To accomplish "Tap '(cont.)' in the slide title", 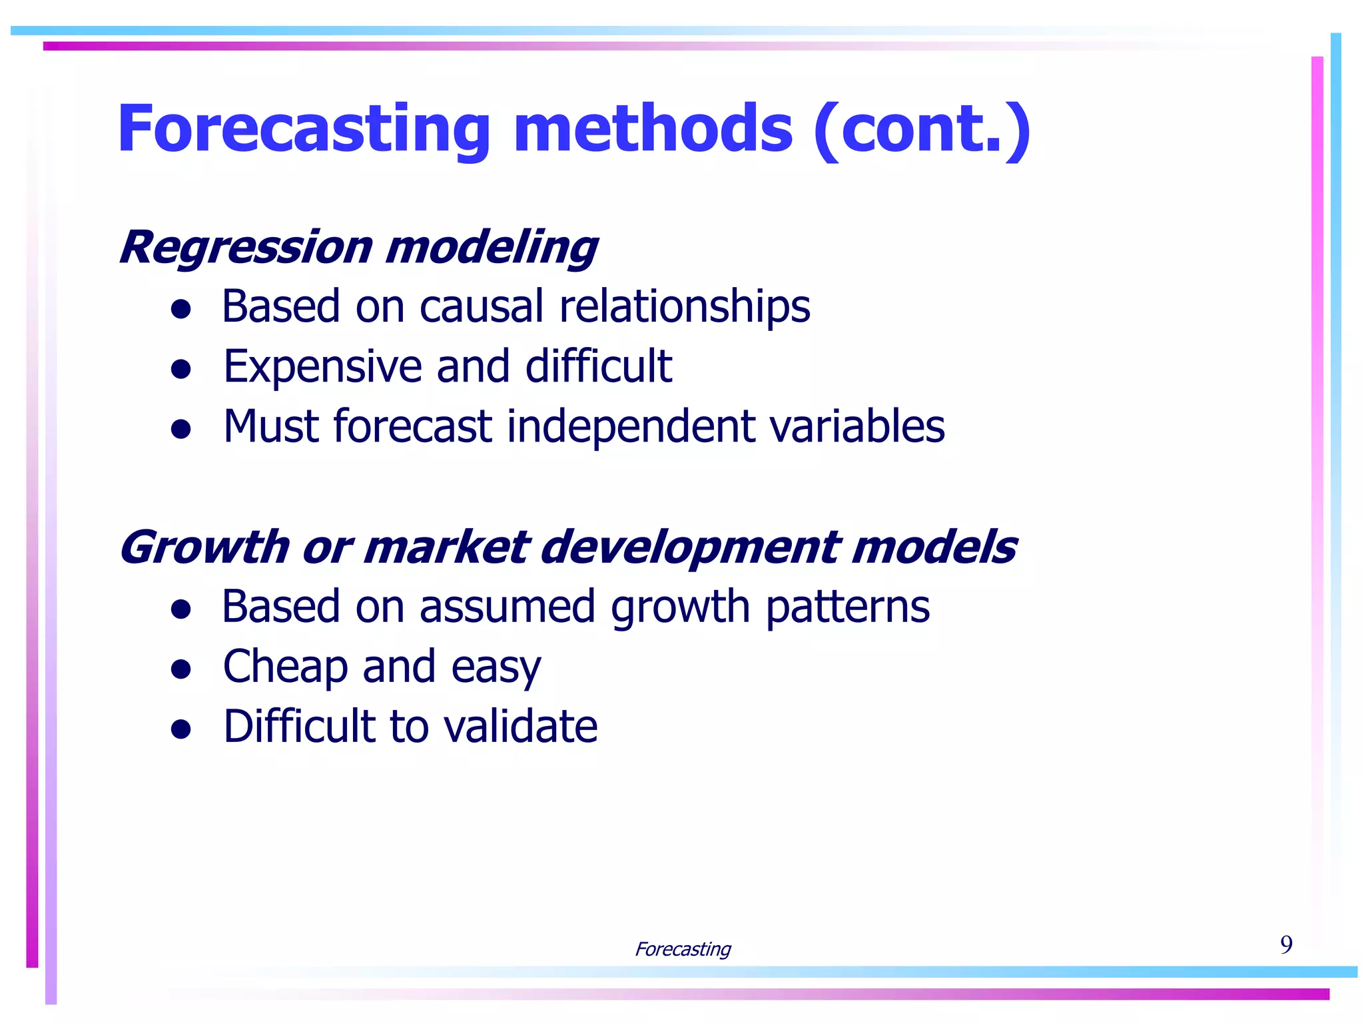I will tap(922, 130).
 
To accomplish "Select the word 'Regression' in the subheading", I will tap(245, 248).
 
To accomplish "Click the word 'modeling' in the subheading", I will tap(492, 248).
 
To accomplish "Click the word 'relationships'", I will tap(685, 308).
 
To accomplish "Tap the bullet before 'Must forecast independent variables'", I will tap(181, 428).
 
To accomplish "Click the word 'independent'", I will tap(630, 427).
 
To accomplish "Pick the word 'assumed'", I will tap(506, 607).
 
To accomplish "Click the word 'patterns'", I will tap(847, 608).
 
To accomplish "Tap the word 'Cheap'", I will tap(285, 667).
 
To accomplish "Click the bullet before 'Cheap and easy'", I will tap(181, 668).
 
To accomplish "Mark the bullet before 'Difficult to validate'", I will tap(181, 729).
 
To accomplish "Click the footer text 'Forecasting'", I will tap(683, 948).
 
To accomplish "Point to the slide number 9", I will tap(1286, 944).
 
